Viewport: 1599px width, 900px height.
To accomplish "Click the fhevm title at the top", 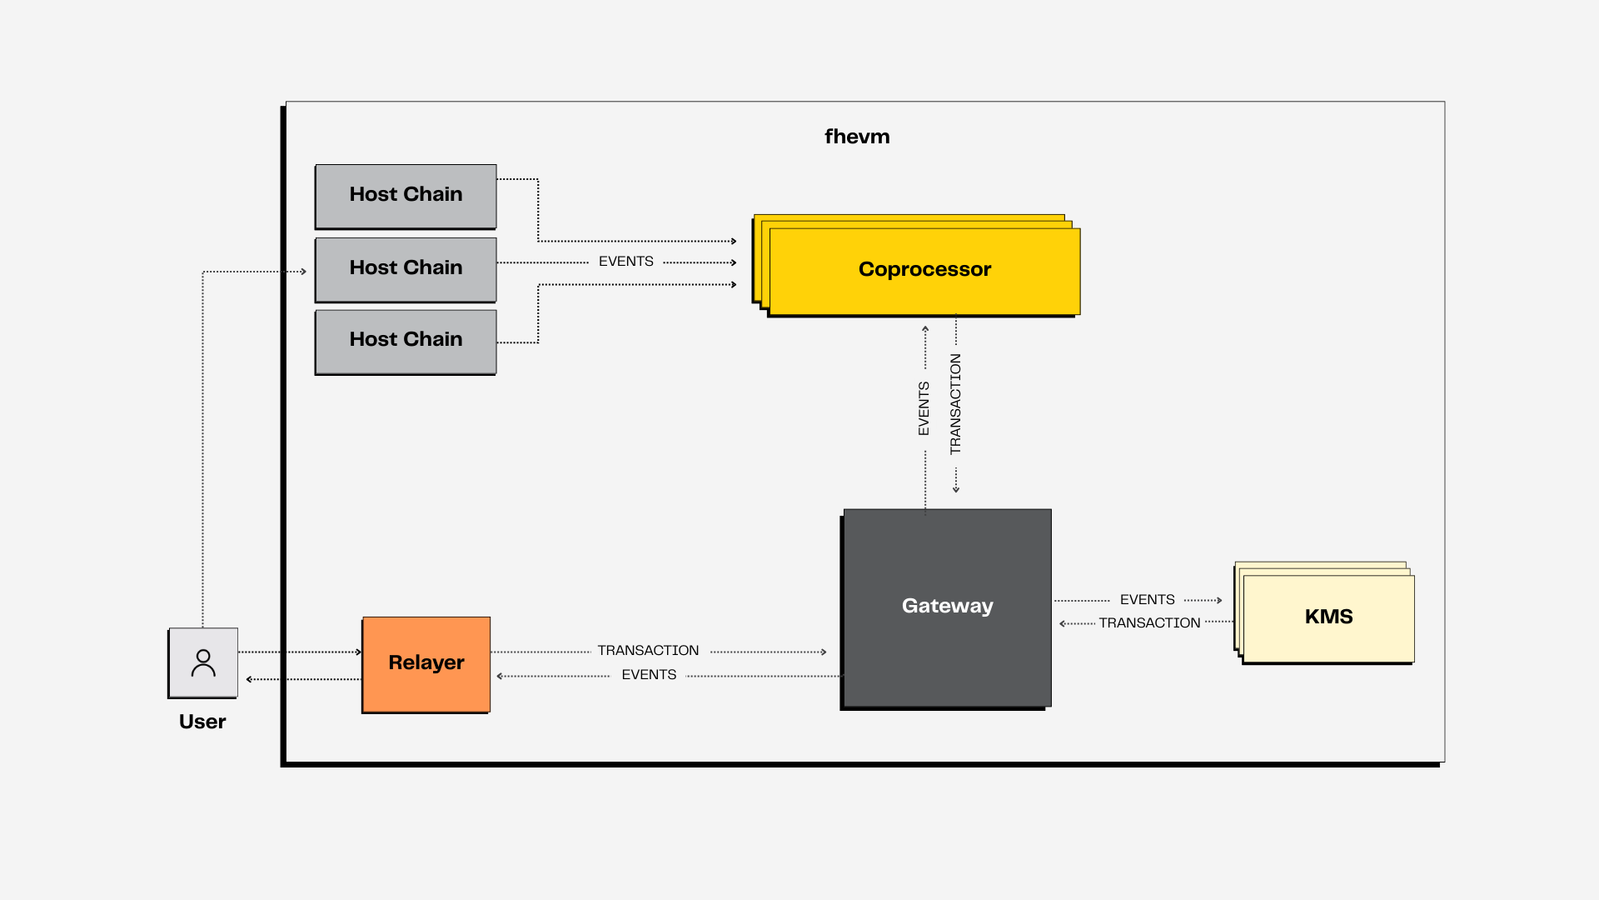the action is tap(857, 137).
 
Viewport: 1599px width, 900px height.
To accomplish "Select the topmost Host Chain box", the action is tap(406, 197).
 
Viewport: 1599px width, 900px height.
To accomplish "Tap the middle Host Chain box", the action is tap(406, 270).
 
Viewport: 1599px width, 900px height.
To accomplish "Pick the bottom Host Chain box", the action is tap(406, 342).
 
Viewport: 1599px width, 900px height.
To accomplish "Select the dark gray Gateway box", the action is tap(946, 609).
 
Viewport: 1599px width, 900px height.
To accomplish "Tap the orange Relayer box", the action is tap(426, 665).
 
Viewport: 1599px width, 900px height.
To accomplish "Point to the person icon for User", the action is tap(203, 663).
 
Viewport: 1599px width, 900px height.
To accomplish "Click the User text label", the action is tap(202, 722).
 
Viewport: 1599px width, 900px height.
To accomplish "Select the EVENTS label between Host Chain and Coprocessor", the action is tap(626, 262).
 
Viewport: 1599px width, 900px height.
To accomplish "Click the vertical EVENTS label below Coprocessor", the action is tap(924, 408).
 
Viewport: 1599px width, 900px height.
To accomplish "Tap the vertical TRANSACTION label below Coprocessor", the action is tap(955, 404).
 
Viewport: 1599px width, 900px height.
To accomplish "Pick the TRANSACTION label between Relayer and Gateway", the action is tap(648, 651).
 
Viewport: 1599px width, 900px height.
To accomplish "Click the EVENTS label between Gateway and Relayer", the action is tap(649, 675).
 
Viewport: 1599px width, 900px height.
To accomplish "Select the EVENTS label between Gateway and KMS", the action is tap(1148, 600).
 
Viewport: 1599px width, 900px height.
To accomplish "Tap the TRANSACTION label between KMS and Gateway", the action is tap(1149, 623).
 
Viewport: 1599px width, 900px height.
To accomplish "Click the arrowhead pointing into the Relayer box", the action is tap(359, 652).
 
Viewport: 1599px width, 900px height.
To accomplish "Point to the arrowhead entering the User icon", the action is tap(249, 679).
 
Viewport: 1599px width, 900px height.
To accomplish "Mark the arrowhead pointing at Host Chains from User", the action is tap(304, 272).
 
